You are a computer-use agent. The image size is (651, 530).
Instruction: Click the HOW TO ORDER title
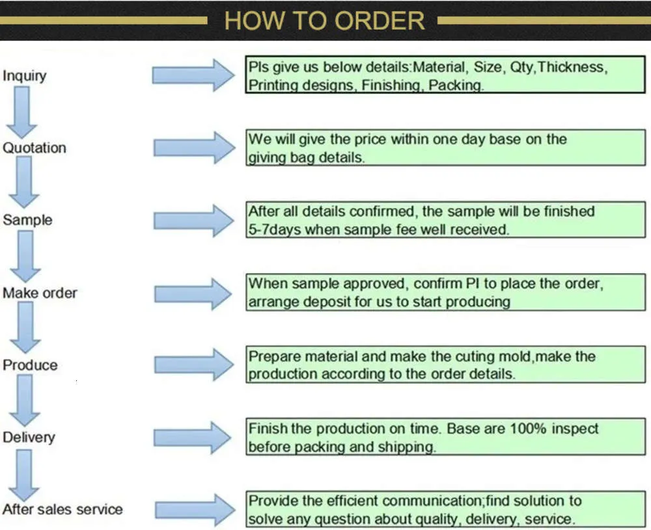[x=324, y=21]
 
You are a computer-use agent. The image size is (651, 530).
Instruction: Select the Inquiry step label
[x=25, y=76]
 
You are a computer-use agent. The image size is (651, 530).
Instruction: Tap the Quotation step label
[x=35, y=148]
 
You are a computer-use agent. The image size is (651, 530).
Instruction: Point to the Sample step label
[x=27, y=220]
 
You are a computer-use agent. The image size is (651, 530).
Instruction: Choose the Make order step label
[x=40, y=293]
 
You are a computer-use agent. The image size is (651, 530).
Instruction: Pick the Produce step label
[x=30, y=365]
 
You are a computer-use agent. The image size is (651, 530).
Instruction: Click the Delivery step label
[x=29, y=438]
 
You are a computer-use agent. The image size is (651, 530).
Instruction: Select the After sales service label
[x=62, y=509]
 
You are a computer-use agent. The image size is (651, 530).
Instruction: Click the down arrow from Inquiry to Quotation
[x=21, y=112]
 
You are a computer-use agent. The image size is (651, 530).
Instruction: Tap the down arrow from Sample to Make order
[x=25, y=256]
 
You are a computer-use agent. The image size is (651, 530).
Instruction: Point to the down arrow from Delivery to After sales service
[x=24, y=475]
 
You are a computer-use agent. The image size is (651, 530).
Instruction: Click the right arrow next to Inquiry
[x=193, y=75]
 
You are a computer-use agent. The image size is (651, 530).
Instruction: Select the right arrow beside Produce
[x=194, y=365]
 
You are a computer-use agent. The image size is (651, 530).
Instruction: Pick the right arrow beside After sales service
[x=195, y=510]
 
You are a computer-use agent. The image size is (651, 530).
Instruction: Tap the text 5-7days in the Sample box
[x=275, y=230]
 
